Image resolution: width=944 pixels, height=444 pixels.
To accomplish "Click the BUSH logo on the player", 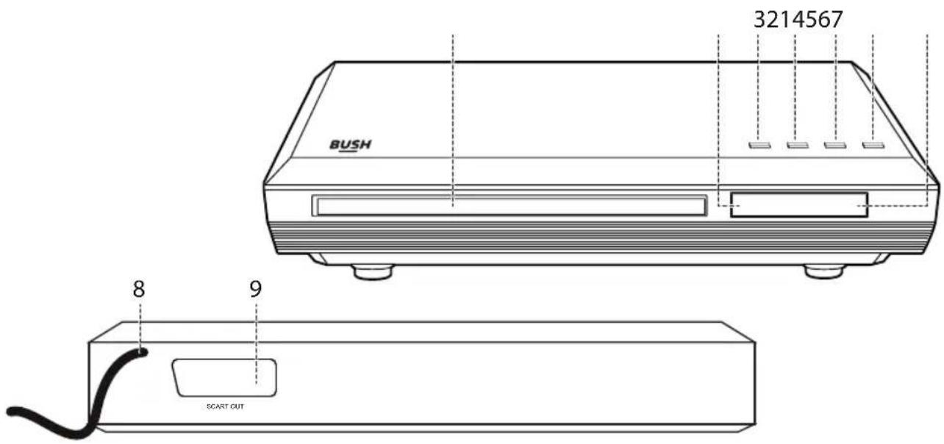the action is click(x=350, y=145).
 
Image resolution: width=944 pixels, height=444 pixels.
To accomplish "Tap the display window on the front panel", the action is click(x=799, y=205).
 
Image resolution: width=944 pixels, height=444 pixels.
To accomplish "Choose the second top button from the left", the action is click(x=798, y=146).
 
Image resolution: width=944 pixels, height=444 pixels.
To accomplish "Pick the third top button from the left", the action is click(x=835, y=146).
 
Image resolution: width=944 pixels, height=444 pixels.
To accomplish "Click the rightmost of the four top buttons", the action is click(x=873, y=146).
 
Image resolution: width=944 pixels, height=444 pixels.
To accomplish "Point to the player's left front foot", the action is click(x=373, y=272).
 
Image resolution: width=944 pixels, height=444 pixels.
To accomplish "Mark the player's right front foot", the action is click(x=824, y=272).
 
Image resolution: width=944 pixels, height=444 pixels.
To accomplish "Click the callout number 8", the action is click(x=139, y=290).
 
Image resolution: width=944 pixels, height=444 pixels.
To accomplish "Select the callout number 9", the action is click(x=255, y=289).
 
